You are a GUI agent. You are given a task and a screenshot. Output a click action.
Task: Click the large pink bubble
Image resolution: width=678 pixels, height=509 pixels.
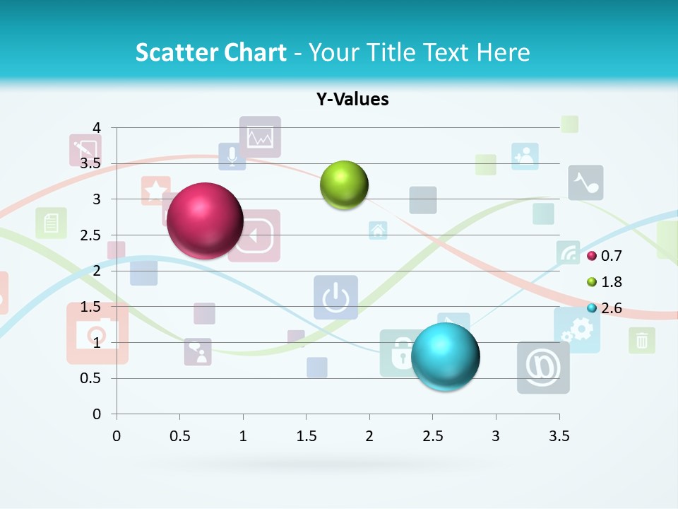click(x=206, y=221)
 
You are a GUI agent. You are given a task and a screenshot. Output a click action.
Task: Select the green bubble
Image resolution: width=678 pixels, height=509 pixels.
click(x=344, y=185)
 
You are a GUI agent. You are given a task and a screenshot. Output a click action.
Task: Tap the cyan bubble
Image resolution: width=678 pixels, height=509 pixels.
click(x=445, y=356)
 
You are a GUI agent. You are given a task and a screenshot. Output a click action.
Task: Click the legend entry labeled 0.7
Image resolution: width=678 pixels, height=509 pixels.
click(x=605, y=256)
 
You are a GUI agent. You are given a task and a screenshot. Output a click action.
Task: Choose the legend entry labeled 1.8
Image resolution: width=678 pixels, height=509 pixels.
click(x=605, y=282)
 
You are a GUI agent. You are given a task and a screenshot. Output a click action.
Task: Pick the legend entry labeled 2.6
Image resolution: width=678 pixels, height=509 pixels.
click(x=605, y=308)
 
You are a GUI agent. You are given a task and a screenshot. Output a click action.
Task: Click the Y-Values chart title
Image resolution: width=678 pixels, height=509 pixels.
click(x=352, y=100)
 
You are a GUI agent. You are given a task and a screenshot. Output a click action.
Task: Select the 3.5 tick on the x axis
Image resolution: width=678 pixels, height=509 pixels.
click(x=559, y=435)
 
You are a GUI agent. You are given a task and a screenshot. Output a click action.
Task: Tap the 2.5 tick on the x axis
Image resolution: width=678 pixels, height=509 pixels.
click(x=432, y=435)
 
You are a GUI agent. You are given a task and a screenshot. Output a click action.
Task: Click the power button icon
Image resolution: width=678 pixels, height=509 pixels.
click(x=335, y=297)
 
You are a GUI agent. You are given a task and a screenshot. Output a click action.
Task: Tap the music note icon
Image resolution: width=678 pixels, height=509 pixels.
click(x=585, y=183)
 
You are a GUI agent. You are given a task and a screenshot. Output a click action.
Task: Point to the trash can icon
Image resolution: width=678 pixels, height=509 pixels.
click(x=641, y=340)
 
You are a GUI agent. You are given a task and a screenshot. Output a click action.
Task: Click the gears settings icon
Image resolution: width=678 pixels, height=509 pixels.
click(x=577, y=329)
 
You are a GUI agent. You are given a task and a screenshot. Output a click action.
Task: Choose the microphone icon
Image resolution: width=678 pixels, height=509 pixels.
click(x=232, y=156)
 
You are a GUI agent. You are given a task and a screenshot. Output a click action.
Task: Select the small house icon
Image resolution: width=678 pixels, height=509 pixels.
click(x=378, y=230)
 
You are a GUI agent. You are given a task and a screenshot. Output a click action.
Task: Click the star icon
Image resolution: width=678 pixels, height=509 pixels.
click(x=155, y=191)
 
